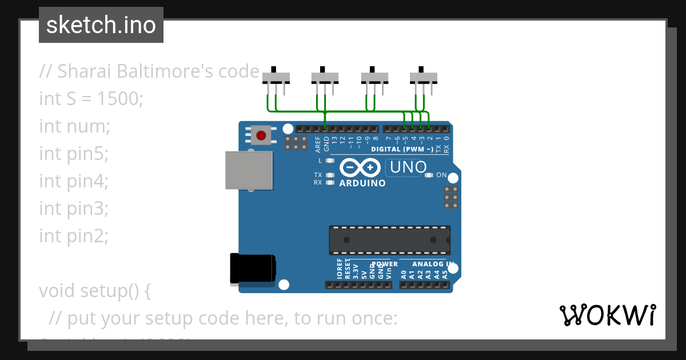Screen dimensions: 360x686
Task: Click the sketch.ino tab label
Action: coord(101,25)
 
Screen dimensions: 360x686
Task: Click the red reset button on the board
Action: coord(261,135)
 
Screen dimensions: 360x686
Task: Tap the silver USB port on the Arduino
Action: coord(249,170)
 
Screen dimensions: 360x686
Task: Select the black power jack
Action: coord(252,268)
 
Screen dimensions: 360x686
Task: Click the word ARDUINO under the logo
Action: coord(362,183)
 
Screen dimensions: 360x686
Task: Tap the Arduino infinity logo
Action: coord(360,168)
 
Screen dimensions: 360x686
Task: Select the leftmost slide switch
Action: coord(276,77)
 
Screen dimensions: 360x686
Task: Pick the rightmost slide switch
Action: coord(424,77)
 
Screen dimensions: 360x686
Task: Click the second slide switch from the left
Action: coord(325,77)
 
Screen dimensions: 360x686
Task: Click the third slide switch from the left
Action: coord(374,77)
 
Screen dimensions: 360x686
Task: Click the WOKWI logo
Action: coord(607,315)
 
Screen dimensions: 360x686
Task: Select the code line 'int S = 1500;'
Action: coord(91,99)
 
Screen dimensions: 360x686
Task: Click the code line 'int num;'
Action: coord(74,126)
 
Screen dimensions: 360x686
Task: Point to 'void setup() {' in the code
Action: coord(95,291)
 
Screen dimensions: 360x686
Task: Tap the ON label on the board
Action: coord(441,175)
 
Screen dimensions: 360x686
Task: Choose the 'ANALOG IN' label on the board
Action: coord(433,264)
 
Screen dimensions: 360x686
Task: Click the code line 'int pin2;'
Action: coord(74,235)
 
